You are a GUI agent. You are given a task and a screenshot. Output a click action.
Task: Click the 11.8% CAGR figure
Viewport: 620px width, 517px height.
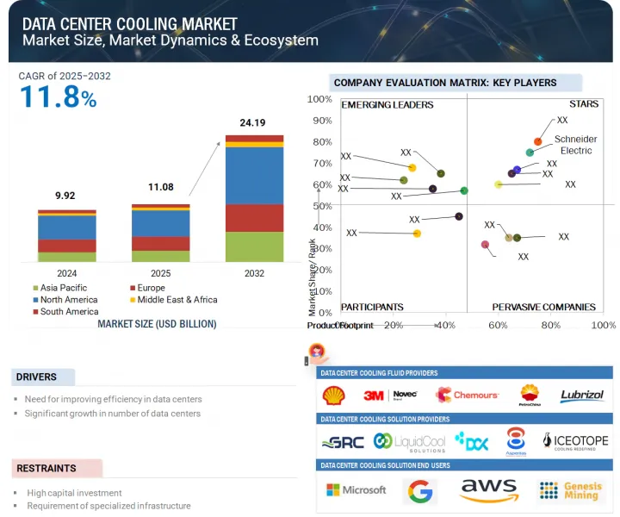click(58, 97)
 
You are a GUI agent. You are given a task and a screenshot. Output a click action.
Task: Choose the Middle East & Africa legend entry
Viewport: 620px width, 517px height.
click(177, 300)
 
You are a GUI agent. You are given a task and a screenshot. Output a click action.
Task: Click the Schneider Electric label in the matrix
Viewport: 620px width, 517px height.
click(576, 145)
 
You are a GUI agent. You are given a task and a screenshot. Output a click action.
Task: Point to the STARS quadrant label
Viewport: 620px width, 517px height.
click(583, 105)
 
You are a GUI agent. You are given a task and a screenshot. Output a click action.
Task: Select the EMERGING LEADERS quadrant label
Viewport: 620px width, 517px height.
click(387, 105)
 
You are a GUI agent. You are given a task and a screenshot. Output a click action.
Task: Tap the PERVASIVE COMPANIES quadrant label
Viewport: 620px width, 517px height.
click(543, 307)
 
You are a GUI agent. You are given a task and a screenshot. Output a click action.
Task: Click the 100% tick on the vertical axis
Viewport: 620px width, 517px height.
click(320, 99)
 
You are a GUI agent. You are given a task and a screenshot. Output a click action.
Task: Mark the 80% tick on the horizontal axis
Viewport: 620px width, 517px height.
click(550, 326)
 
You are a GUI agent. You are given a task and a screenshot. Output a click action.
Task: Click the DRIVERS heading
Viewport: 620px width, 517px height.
click(36, 377)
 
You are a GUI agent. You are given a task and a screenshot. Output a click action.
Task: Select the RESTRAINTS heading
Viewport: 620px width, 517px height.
click(46, 469)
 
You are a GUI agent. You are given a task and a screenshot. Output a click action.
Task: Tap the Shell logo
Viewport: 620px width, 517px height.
click(332, 396)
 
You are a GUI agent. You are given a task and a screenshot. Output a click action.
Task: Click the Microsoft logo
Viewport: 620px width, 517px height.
click(356, 489)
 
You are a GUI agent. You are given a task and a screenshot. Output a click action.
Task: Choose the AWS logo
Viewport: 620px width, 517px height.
click(488, 490)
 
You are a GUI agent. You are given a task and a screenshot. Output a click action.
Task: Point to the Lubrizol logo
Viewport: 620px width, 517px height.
click(581, 396)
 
